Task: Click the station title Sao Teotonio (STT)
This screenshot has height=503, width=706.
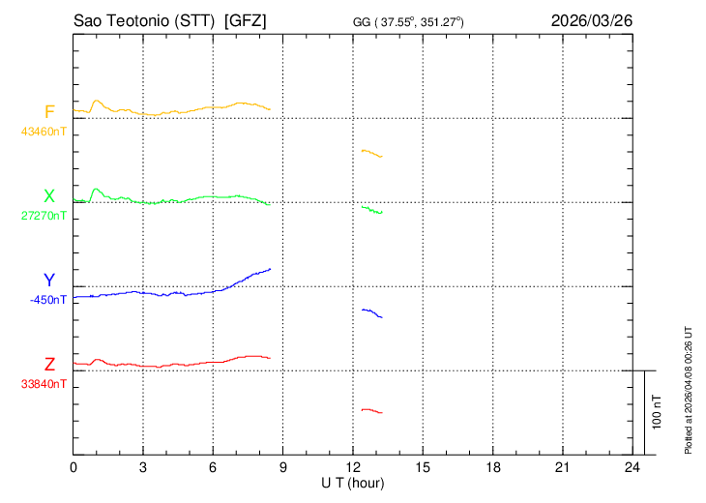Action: tap(143, 19)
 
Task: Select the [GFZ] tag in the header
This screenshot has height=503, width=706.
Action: tap(245, 19)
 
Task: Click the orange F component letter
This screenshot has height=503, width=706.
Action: tap(50, 112)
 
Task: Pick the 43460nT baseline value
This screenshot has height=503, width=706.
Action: tap(44, 131)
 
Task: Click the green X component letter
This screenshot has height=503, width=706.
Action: tap(49, 196)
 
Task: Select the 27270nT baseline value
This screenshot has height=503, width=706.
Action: tap(44, 215)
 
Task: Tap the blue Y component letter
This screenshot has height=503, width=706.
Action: tap(49, 281)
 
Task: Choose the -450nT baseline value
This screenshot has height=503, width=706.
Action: tap(48, 299)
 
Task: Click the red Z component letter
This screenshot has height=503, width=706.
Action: tap(49, 365)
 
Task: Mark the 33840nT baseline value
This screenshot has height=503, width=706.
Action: tap(44, 383)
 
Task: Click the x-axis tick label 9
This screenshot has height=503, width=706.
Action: tap(282, 467)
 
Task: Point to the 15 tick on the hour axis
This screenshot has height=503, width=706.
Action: tap(422, 467)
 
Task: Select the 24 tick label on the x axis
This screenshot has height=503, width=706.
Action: tap(632, 467)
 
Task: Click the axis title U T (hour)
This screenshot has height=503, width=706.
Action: tap(353, 482)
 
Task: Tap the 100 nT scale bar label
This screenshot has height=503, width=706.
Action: tap(658, 411)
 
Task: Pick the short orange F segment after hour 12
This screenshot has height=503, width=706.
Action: tap(371, 153)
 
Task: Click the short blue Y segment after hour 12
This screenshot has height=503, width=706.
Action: tap(371, 312)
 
